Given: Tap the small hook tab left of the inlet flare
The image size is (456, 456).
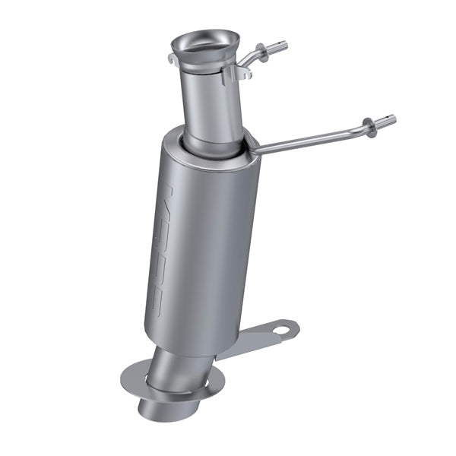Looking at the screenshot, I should click(172, 58).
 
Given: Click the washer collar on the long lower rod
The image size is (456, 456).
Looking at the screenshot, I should click(369, 125).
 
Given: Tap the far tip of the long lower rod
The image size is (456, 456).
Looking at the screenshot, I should click(392, 119).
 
